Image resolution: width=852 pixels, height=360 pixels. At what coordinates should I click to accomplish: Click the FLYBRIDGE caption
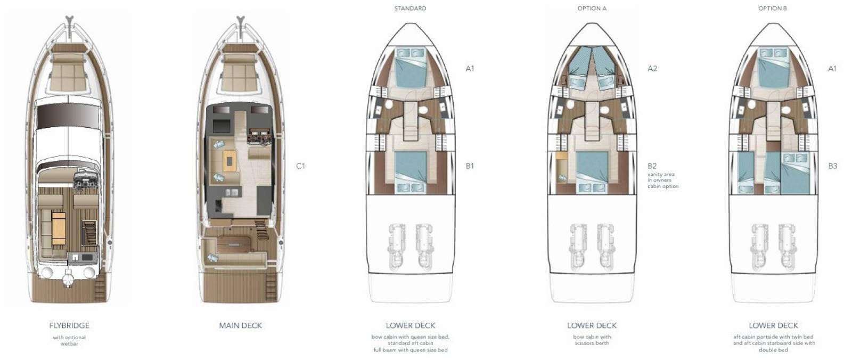(69, 325)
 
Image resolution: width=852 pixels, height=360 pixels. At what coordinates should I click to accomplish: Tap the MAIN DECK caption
(240, 325)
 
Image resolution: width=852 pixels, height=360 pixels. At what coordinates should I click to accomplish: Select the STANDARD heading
(410, 9)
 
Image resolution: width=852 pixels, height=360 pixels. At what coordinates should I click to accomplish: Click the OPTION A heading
(592, 9)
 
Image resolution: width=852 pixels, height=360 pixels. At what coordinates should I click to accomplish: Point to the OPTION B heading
(773, 9)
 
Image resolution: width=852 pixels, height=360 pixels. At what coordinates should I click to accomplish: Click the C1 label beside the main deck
(300, 166)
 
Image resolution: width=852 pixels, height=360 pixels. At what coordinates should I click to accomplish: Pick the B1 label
(470, 166)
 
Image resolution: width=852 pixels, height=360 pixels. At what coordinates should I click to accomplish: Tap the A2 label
(652, 69)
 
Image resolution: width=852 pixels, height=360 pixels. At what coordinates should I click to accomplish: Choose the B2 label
(652, 166)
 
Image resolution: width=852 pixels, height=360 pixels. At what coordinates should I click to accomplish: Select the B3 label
(832, 166)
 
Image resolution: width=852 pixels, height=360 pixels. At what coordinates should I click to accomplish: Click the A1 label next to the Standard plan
(470, 69)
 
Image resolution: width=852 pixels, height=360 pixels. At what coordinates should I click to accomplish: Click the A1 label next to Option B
(832, 69)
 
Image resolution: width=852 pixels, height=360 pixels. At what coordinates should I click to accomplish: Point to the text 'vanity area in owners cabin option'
(663, 181)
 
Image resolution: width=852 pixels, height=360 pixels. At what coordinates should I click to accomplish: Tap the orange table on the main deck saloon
(230, 159)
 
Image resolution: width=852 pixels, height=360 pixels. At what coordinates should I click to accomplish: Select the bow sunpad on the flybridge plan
(69, 75)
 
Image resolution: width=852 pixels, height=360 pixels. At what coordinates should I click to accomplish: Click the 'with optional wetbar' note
(69, 340)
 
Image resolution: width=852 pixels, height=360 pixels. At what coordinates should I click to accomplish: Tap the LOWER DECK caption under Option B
(773, 325)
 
